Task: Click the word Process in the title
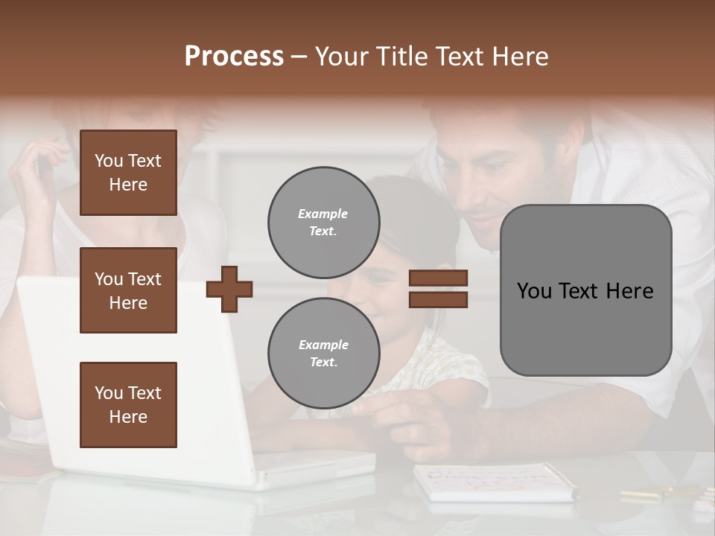(x=234, y=57)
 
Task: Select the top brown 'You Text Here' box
(x=128, y=173)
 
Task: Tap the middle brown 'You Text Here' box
(x=128, y=290)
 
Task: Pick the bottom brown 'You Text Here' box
(x=128, y=404)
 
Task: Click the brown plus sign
(x=229, y=289)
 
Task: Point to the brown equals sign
(x=438, y=289)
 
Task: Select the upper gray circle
(x=324, y=223)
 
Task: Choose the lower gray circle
(x=324, y=354)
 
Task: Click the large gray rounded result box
(x=585, y=290)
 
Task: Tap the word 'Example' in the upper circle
(x=322, y=214)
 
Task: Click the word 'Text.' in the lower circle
(x=323, y=363)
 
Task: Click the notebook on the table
(x=492, y=481)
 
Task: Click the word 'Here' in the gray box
(x=629, y=291)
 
